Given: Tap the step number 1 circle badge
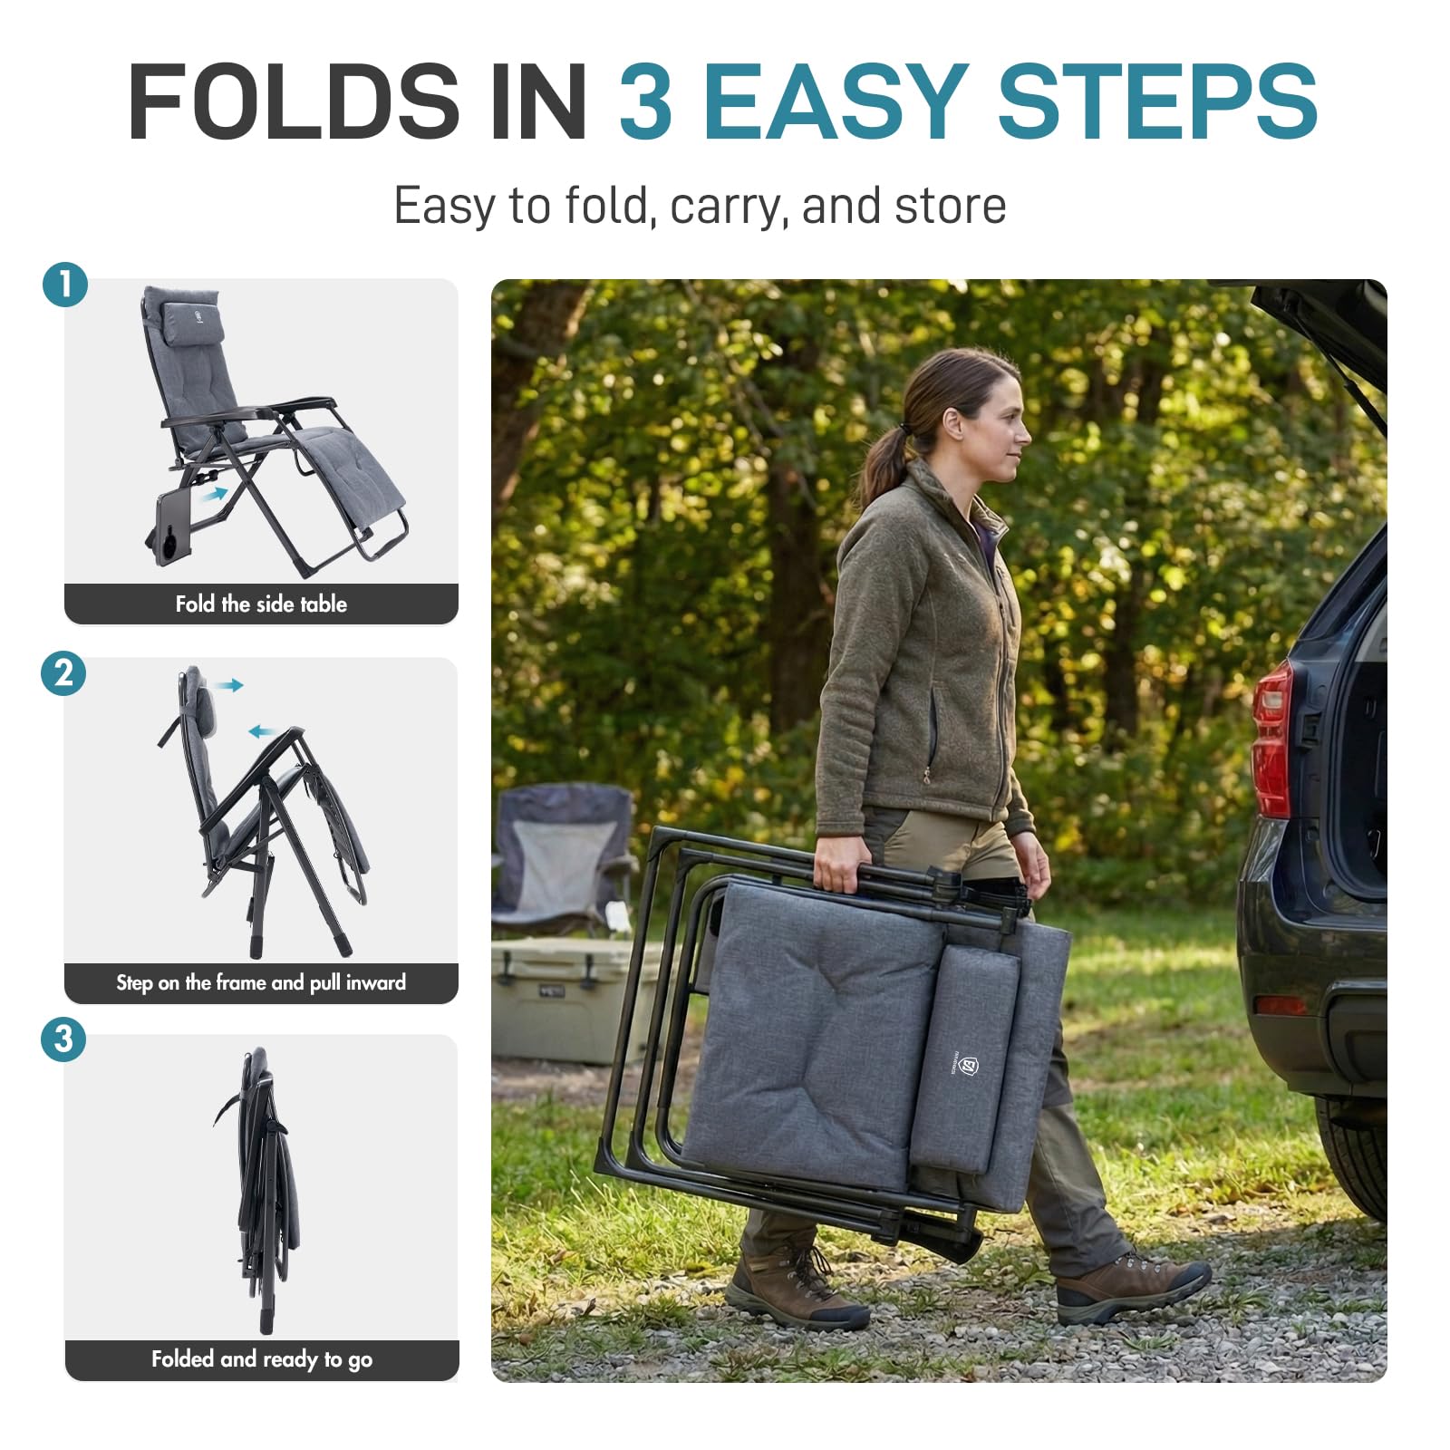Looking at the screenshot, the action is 65,285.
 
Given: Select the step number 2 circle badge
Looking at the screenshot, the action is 63,673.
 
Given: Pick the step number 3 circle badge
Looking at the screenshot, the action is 63,1039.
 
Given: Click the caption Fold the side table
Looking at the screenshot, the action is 261,604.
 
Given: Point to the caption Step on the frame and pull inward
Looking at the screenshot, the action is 261,982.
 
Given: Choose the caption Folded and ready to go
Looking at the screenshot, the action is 262,1359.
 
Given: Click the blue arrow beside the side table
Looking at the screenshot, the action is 215,494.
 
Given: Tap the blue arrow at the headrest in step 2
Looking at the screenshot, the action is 230,685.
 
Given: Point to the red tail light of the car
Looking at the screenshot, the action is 1272,739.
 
